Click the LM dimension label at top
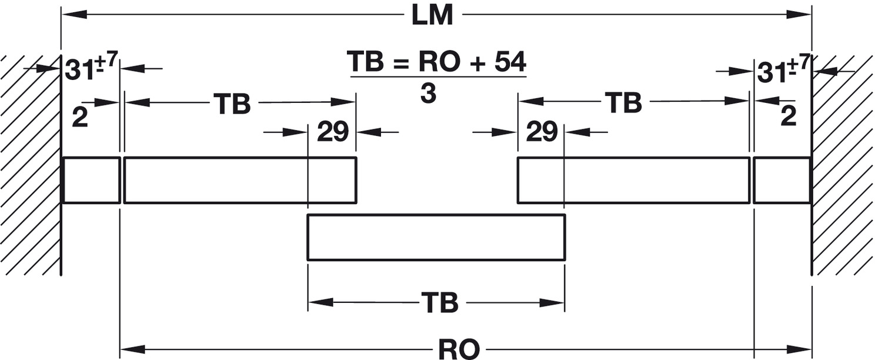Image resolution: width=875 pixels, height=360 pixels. click(x=432, y=15)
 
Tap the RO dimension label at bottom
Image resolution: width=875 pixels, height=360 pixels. click(x=459, y=349)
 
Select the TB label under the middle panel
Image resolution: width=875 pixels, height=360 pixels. click(x=439, y=303)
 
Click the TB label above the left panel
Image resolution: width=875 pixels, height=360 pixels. click(x=232, y=104)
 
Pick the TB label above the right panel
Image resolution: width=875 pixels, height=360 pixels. click(x=623, y=103)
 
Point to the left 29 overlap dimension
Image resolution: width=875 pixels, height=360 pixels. click(x=333, y=132)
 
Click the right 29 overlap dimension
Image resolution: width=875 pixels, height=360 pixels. click(x=541, y=132)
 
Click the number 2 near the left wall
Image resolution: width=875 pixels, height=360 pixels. click(x=80, y=118)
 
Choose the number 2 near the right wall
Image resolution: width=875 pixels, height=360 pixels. click(x=788, y=116)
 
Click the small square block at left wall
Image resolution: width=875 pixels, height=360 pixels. click(x=91, y=180)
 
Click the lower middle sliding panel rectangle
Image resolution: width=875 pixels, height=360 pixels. click(x=436, y=237)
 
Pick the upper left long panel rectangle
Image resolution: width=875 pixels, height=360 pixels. click(x=240, y=180)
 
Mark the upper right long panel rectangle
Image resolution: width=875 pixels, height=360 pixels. click(x=633, y=180)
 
